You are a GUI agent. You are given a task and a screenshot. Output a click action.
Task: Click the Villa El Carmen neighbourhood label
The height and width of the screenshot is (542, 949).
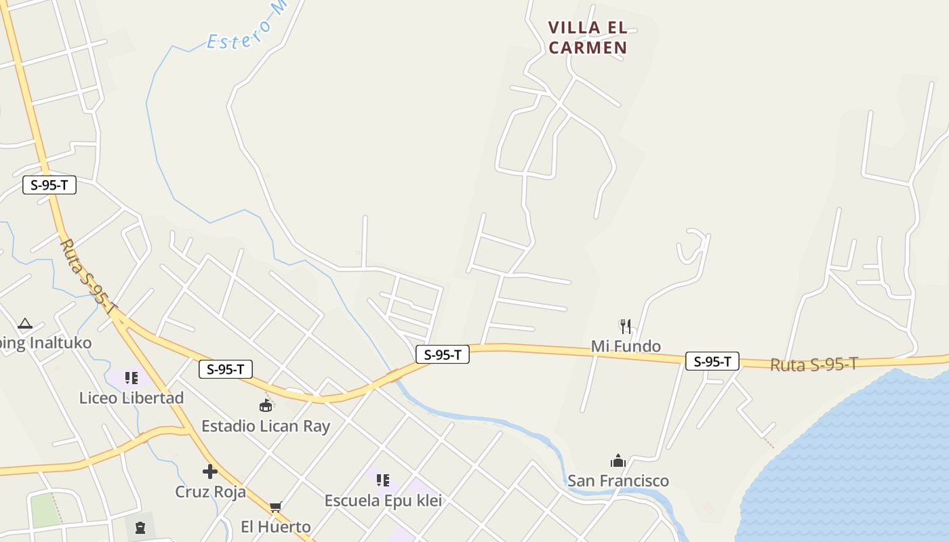point(588,37)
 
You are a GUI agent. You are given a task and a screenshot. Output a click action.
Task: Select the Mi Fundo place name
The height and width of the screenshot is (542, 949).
point(626,347)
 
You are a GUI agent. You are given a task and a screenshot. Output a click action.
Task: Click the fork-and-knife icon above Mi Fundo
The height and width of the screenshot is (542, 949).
point(626,327)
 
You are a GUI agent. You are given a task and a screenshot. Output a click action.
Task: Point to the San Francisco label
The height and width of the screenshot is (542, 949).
point(618,481)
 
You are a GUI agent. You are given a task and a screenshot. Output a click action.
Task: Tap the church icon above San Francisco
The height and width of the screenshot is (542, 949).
point(618,461)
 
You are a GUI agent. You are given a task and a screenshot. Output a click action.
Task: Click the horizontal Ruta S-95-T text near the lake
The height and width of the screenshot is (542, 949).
point(814,364)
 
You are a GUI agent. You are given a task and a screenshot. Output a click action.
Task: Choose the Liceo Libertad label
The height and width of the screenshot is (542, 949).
point(132,398)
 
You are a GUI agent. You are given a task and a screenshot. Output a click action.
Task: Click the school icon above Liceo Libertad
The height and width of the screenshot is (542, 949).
point(131,377)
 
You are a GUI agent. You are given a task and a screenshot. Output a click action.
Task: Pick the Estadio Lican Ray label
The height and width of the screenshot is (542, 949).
point(266,426)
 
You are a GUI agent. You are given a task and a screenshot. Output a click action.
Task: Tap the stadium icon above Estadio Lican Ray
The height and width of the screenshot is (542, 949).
point(266,406)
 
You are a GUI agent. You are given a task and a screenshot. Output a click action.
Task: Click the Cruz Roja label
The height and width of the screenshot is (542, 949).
point(211,492)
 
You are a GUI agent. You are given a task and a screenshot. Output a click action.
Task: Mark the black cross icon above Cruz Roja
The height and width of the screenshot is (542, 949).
point(210,472)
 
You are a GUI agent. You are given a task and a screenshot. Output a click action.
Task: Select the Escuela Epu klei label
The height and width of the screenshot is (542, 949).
point(383,501)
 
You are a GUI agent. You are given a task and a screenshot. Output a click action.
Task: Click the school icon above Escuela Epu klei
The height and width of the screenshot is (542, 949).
point(383,480)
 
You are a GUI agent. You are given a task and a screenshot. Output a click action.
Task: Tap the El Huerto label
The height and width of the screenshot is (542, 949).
point(276,526)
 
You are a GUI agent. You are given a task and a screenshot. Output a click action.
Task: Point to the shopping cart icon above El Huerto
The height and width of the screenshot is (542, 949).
point(275,507)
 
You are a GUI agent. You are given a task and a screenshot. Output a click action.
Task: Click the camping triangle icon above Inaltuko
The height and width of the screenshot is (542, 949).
point(25,324)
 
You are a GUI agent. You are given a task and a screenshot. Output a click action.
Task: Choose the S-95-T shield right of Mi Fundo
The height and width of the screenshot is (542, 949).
point(712,361)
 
